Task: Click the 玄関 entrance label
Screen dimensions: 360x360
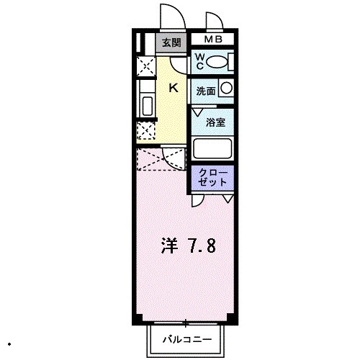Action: (x=171, y=42)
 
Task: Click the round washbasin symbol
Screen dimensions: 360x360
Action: (x=226, y=89)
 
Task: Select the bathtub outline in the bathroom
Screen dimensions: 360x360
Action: (x=212, y=150)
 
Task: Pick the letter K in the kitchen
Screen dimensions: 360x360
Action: (x=173, y=88)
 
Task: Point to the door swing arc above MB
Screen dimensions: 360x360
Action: (x=213, y=21)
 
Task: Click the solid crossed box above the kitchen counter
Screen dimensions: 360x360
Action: (x=145, y=68)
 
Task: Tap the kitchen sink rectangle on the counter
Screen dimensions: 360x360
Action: (x=146, y=106)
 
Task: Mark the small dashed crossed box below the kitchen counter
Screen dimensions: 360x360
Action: (x=145, y=132)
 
